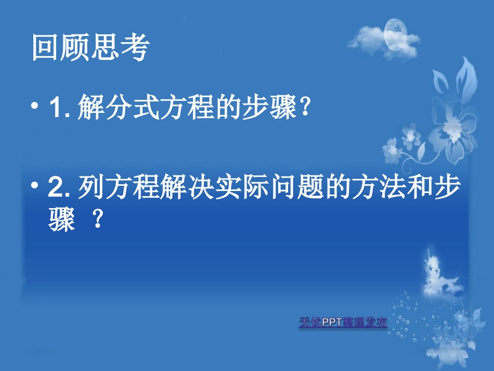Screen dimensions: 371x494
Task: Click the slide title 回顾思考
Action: (90, 48)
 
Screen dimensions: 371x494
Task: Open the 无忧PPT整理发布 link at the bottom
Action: (343, 323)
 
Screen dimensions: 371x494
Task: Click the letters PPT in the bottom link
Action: (332, 323)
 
